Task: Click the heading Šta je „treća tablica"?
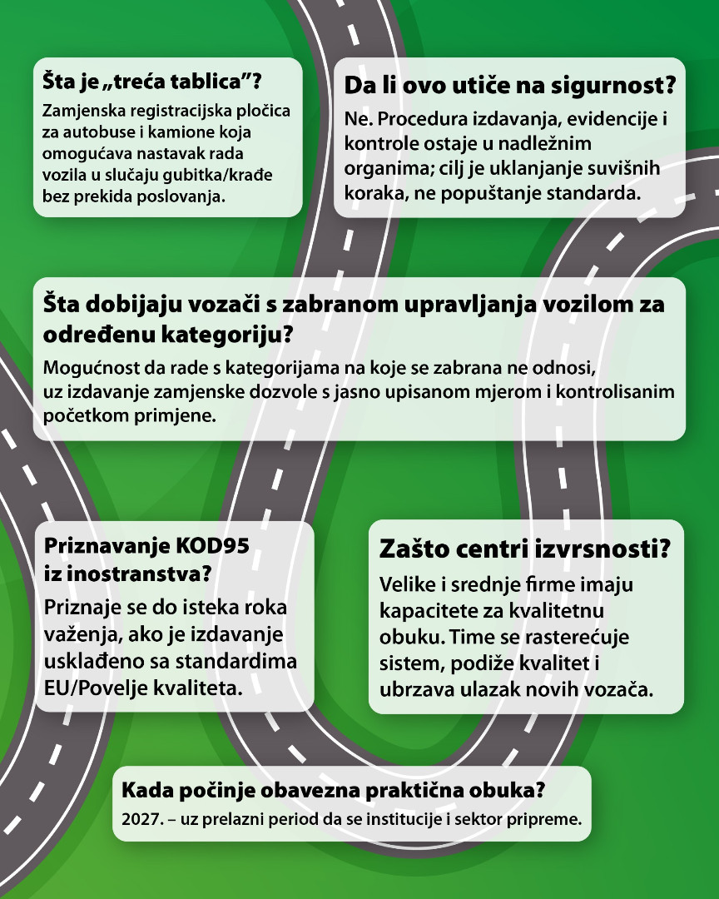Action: coord(153,82)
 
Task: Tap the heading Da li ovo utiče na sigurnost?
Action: coord(508,87)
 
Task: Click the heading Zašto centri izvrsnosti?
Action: coord(525,550)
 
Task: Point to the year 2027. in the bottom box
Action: coord(139,818)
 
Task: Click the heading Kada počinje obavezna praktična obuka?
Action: coord(333,788)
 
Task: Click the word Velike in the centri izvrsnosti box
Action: coord(405,585)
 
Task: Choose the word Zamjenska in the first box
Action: coord(82,111)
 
